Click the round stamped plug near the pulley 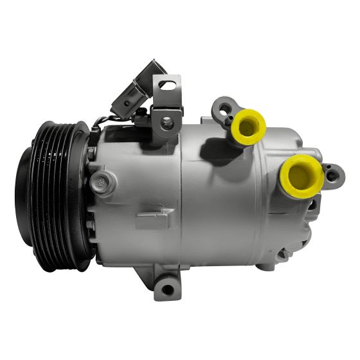click(x=101, y=181)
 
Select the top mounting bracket click(x=167, y=103)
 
